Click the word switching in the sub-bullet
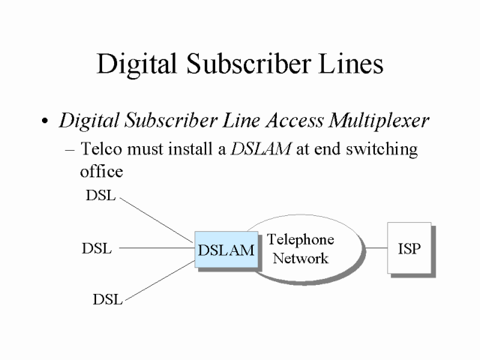pos(378,149)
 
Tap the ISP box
pos(409,247)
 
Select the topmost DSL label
pos(101,197)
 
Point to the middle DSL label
pos(97,248)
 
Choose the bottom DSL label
pos(108,299)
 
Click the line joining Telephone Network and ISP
pos(375,247)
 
